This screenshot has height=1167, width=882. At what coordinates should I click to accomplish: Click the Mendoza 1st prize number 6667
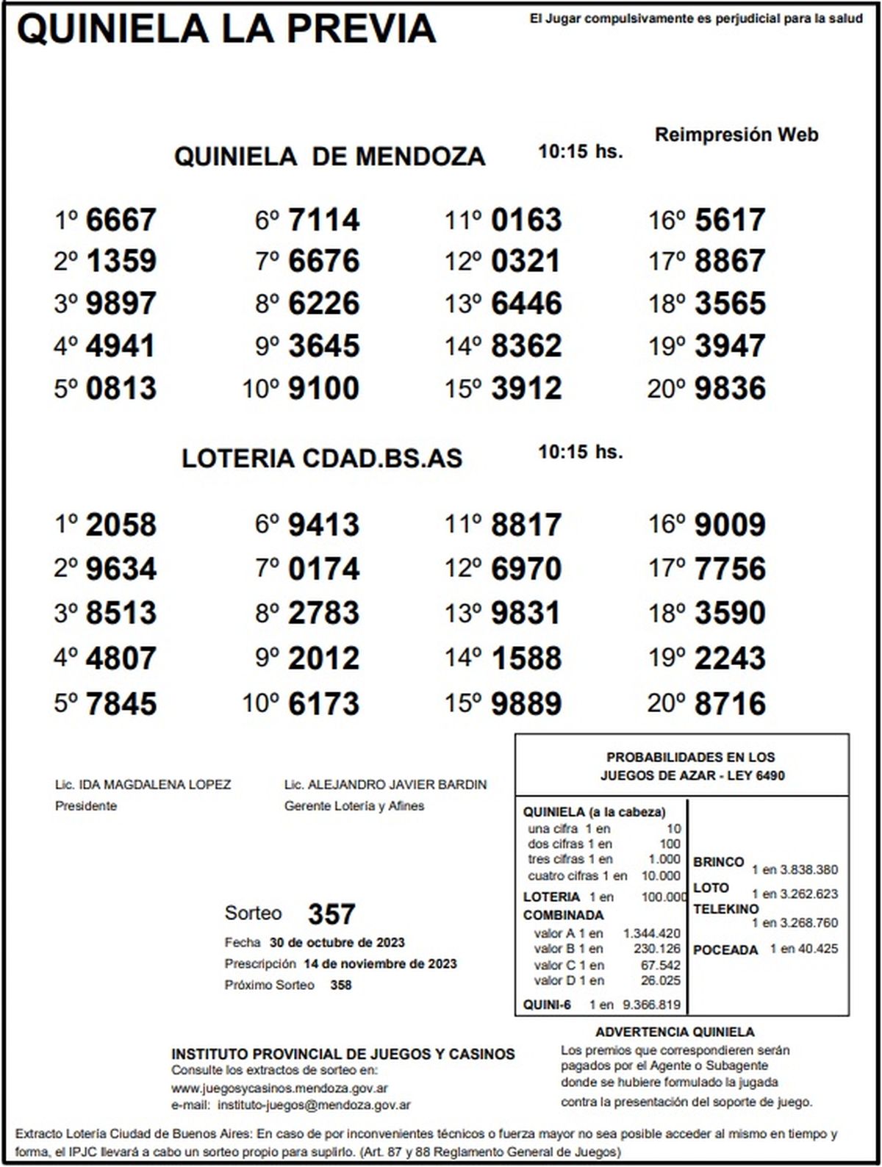(x=121, y=220)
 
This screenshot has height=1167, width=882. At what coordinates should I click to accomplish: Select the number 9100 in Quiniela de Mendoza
(x=323, y=388)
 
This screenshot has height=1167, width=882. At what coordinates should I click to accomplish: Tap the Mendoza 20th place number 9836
(x=729, y=388)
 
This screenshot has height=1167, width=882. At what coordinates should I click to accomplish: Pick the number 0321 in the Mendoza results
(x=526, y=262)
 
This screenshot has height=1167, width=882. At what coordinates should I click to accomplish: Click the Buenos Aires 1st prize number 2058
(x=121, y=525)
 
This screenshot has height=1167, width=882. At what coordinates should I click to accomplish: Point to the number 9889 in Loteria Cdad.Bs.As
(x=526, y=703)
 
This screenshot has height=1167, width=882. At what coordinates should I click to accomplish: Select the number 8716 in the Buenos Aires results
(x=729, y=703)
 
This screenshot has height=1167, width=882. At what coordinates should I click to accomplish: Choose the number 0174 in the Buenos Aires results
(x=323, y=569)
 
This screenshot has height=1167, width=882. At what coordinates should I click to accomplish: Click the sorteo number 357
(x=331, y=914)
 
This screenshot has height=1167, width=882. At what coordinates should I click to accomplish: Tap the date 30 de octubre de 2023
(x=337, y=942)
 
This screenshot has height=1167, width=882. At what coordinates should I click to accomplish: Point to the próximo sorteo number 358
(x=340, y=985)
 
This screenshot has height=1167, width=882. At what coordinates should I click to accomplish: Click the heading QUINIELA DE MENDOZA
(x=329, y=157)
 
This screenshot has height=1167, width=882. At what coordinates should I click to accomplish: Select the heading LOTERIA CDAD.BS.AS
(x=322, y=458)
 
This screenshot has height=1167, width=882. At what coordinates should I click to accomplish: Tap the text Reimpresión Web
(x=736, y=135)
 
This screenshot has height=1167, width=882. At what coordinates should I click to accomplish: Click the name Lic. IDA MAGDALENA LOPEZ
(x=143, y=785)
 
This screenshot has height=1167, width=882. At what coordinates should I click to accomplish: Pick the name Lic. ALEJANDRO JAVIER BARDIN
(x=385, y=785)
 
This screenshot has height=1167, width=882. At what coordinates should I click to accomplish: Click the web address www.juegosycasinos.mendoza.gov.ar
(x=280, y=1088)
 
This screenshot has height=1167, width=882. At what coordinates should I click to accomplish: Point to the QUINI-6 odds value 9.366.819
(x=651, y=1005)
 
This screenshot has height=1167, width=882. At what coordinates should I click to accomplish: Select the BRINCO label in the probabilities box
(x=718, y=861)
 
